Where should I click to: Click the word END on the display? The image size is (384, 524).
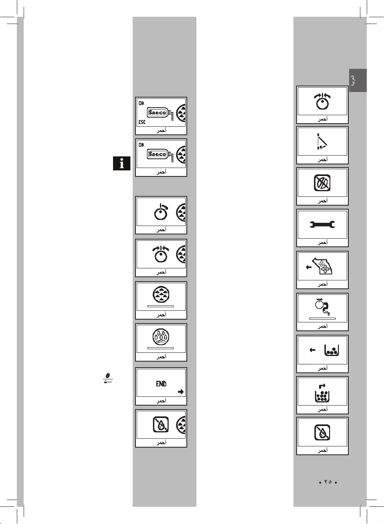[x=161, y=384]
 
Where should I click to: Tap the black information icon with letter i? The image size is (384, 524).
[x=122, y=163]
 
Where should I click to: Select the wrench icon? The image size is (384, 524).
[x=322, y=225]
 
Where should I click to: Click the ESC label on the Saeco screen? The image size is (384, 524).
[x=142, y=122]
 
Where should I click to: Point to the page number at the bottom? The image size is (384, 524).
[x=328, y=482]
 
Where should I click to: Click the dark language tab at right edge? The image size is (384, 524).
[x=358, y=80]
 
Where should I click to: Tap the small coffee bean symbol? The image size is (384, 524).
[x=107, y=378]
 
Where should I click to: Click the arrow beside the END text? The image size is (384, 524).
[x=181, y=392]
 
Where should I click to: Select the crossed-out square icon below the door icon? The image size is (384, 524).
[x=322, y=183]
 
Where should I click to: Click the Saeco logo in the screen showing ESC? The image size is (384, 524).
[x=157, y=113]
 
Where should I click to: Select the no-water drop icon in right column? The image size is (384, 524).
[x=322, y=432]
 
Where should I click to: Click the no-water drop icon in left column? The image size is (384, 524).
[x=161, y=424]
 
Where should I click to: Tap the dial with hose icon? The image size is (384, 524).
[x=322, y=307]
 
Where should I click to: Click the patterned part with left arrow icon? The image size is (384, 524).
[x=322, y=266]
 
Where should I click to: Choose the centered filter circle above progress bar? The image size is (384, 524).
[x=161, y=295]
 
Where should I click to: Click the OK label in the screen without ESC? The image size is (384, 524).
[x=141, y=145]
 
